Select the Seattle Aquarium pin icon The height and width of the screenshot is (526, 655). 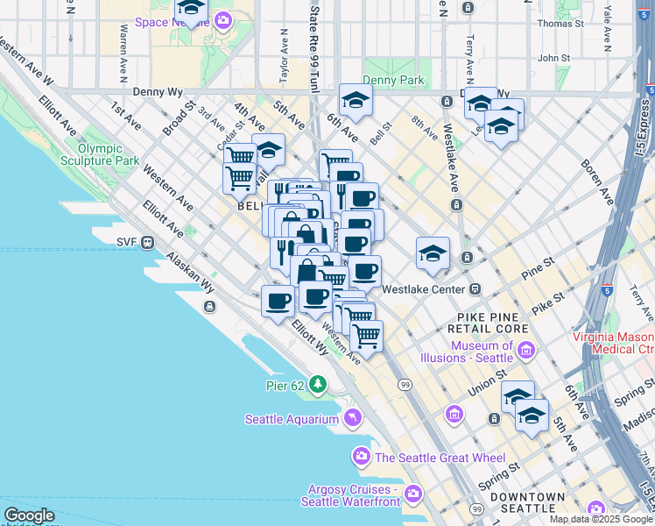352,418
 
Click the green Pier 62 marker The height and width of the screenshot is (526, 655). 316,384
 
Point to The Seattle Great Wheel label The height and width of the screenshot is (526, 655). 440,457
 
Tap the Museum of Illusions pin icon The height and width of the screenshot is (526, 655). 526,351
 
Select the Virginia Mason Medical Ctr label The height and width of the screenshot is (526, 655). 613,343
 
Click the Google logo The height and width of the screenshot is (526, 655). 28,515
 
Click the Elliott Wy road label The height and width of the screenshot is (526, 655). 310,337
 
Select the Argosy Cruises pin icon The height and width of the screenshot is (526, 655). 414,494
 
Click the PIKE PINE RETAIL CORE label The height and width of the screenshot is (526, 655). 493,322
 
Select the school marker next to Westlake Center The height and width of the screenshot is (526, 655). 433,253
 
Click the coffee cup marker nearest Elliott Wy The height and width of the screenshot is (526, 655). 278,301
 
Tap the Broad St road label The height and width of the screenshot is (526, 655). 178,121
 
